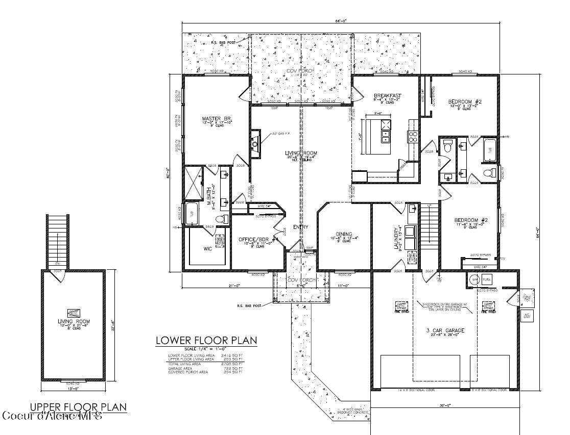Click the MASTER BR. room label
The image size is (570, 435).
tap(210, 119)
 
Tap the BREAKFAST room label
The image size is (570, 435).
tap(387, 96)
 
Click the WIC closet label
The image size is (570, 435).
tap(208, 249)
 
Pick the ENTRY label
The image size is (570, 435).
tap(300, 226)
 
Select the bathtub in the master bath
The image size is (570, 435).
tap(192, 212)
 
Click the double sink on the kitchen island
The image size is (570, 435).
tap(385, 136)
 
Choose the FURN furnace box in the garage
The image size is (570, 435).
tap(486, 280)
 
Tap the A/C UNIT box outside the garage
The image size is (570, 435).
tap(526, 316)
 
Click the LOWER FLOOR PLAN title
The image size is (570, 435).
tap(206, 341)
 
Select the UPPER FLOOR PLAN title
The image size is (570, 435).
tap(78, 406)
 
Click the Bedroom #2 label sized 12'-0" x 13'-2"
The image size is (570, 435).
tap(464, 102)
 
